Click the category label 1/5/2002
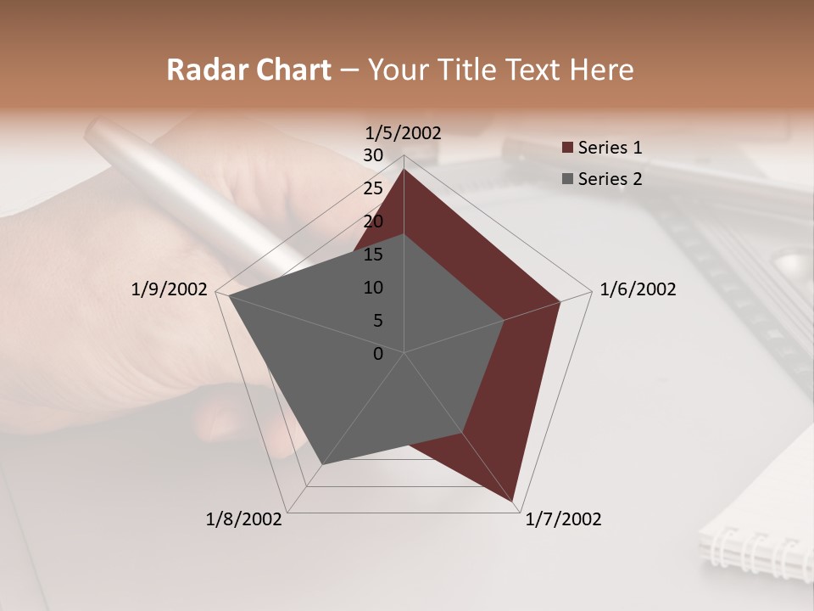(404, 132)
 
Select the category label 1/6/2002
(638, 289)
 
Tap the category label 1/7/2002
(563, 519)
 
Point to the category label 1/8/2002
(244, 519)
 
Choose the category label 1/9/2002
(170, 289)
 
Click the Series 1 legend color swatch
(568, 149)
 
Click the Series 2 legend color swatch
(568, 179)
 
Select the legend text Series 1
(610, 148)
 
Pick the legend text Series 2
(610, 179)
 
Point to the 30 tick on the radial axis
(373, 155)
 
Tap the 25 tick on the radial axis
(373, 188)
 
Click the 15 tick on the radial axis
(373, 255)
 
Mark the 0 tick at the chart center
(378, 354)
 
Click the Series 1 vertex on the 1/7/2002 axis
(514, 502)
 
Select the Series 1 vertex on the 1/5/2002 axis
(404, 169)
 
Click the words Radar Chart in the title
(248, 70)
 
